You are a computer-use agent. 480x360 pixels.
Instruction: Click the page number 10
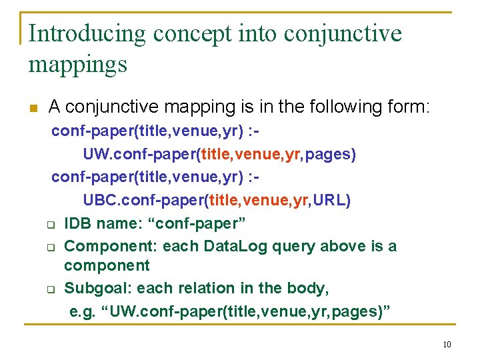click(447, 344)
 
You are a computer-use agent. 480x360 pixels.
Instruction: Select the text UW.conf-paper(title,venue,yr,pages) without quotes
click(219, 155)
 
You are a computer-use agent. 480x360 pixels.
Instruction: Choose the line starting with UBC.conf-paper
click(217, 201)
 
